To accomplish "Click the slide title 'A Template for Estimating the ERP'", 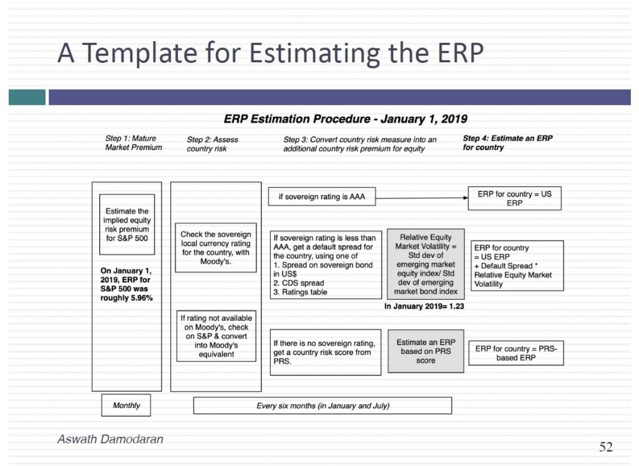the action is [271, 53].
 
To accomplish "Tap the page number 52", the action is [605, 447].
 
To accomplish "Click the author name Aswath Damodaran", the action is [110, 439].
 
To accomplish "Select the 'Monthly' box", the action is [126, 405].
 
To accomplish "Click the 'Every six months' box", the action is [323, 406].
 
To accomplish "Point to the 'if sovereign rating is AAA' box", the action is [321, 197].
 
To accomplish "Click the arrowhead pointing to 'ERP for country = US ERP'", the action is [466, 197].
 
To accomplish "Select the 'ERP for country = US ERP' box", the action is [514, 198].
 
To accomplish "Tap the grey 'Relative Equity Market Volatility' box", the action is [426, 264].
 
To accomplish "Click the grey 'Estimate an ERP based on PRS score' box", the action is [426, 351].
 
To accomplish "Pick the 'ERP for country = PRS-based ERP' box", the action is [516, 353].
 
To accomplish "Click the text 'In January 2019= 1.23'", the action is [424, 306].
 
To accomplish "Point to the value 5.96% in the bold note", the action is [142, 298].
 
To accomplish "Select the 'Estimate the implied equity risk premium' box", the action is [127, 224].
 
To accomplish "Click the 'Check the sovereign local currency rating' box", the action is [215, 247].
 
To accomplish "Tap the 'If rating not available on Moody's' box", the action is [216, 336].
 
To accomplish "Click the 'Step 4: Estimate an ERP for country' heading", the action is [507, 143].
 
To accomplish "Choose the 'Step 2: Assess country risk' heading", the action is [212, 144].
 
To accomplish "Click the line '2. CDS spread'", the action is [299, 283].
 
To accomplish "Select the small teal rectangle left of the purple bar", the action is [27, 97].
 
